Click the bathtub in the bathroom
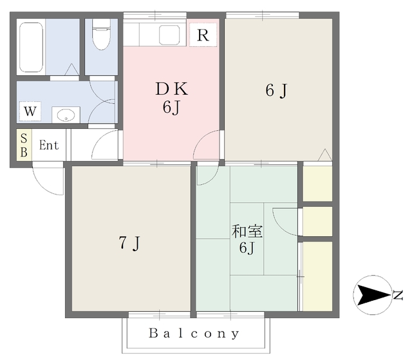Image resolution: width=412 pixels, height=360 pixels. (x=31, y=46)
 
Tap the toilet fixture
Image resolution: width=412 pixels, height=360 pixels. (x=102, y=36)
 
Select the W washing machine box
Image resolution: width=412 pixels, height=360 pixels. (x=30, y=112)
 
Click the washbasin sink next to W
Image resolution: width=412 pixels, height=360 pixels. (x=66, y=115)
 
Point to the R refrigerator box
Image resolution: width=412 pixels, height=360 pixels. (x=203, y=35)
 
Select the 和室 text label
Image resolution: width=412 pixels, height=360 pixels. (x=245, y=231)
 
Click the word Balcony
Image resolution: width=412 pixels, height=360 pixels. (x=194, y=334)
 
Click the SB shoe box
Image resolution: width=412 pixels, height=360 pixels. (x=24, y=146)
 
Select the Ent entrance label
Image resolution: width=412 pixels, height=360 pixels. (x=49, y=146)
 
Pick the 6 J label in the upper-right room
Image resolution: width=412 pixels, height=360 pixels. (x=276, y=91)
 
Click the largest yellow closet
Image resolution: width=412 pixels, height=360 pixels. (x=317, y=276)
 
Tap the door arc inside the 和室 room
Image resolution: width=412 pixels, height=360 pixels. (x=284, y=222)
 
